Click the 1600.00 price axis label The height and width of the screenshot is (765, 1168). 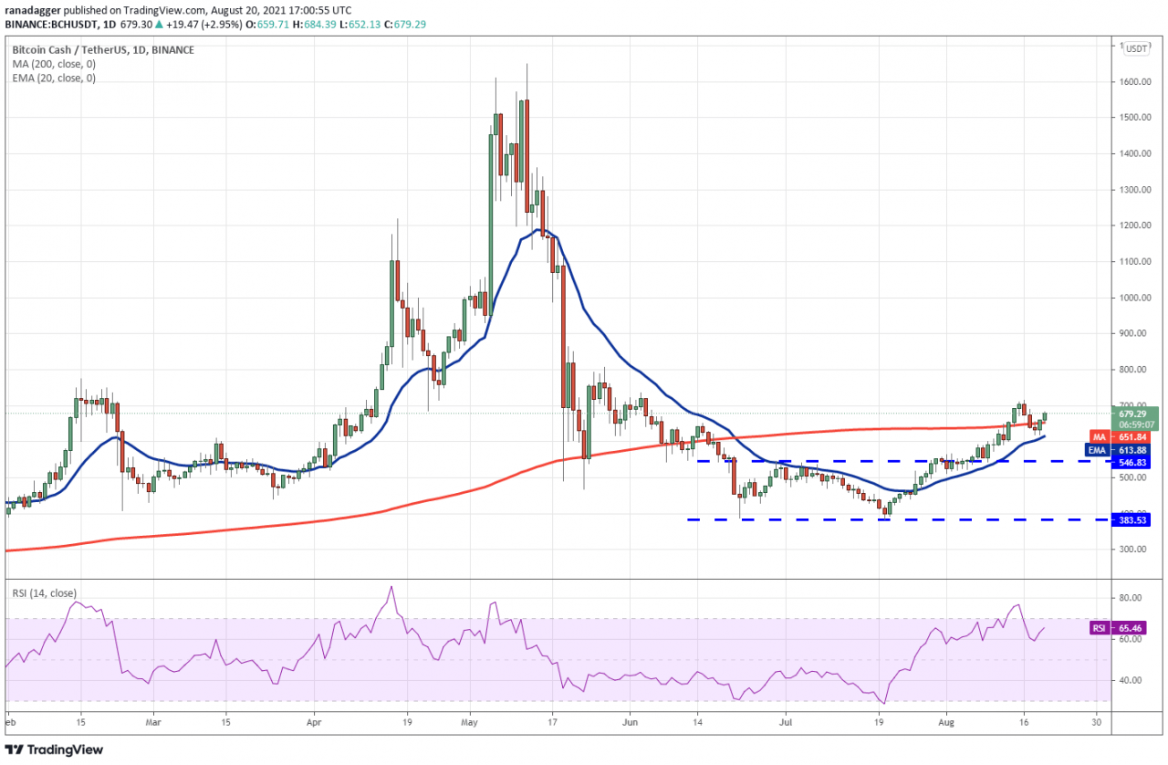click(x=1135, y=82)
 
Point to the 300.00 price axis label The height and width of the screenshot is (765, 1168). click(x=1133, y=550)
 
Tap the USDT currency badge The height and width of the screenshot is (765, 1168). click(x=1137, y=48)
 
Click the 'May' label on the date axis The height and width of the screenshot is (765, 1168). click(x=470, y=720)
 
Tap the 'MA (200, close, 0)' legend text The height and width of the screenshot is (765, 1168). click(x=53, y=64)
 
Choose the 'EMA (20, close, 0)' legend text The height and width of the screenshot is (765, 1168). click(x=53, y=79)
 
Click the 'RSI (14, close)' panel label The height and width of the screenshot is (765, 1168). click(x=44, y=592)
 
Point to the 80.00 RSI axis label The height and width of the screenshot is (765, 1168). click(x=1131, y=598)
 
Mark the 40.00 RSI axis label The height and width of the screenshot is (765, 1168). click(x=1131, y=680)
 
